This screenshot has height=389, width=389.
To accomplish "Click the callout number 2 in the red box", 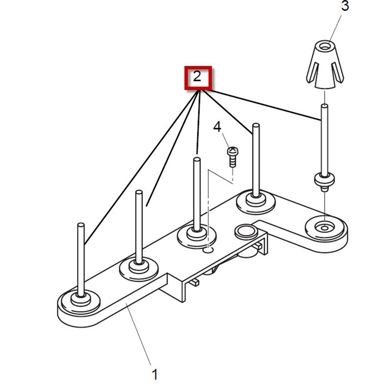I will click(197, 77).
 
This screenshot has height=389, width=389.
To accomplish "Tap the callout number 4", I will click(217, 127).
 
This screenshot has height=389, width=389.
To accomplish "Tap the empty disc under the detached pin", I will click(325, 227).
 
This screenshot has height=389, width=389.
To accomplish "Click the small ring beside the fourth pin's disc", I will click(244, 230).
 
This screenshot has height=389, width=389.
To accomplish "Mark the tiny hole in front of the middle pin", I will click(208, 251).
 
